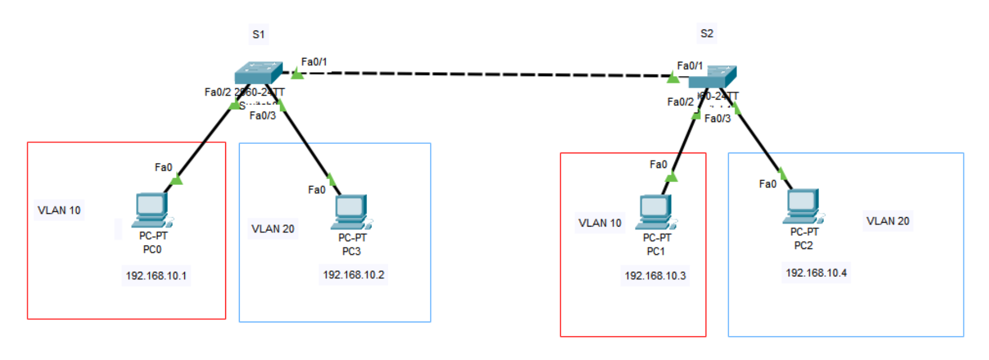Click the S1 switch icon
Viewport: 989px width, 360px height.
tap(258, 73)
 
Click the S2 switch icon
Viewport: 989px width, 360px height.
tap(712, 77)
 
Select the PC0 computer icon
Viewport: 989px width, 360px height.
tap(152, 210)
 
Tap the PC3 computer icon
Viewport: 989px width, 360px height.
tap(351, 212)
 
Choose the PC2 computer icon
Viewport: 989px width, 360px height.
tap(803, 206)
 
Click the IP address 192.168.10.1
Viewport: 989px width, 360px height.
tap(156, 276)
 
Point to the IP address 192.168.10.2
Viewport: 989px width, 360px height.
tap(353, 275)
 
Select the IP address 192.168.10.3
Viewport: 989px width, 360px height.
tap(655, 276)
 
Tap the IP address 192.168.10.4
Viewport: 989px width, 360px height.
tap(816, 273)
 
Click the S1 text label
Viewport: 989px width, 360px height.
tap(258, 34)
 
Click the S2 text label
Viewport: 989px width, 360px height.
tap(707, 33)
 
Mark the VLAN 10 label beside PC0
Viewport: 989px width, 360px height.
tap(59, 210)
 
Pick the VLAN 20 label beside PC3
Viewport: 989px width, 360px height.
tap(272, 229)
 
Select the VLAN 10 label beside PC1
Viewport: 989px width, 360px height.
tap(600, 223)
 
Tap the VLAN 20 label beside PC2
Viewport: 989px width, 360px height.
tap(887, 221)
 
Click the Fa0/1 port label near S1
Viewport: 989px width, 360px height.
tap(314, 62)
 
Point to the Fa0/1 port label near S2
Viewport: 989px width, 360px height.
tap(689, 66)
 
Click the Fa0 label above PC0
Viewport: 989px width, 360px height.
tap(163, 167)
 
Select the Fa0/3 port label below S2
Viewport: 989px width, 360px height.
tap(717, 119)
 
